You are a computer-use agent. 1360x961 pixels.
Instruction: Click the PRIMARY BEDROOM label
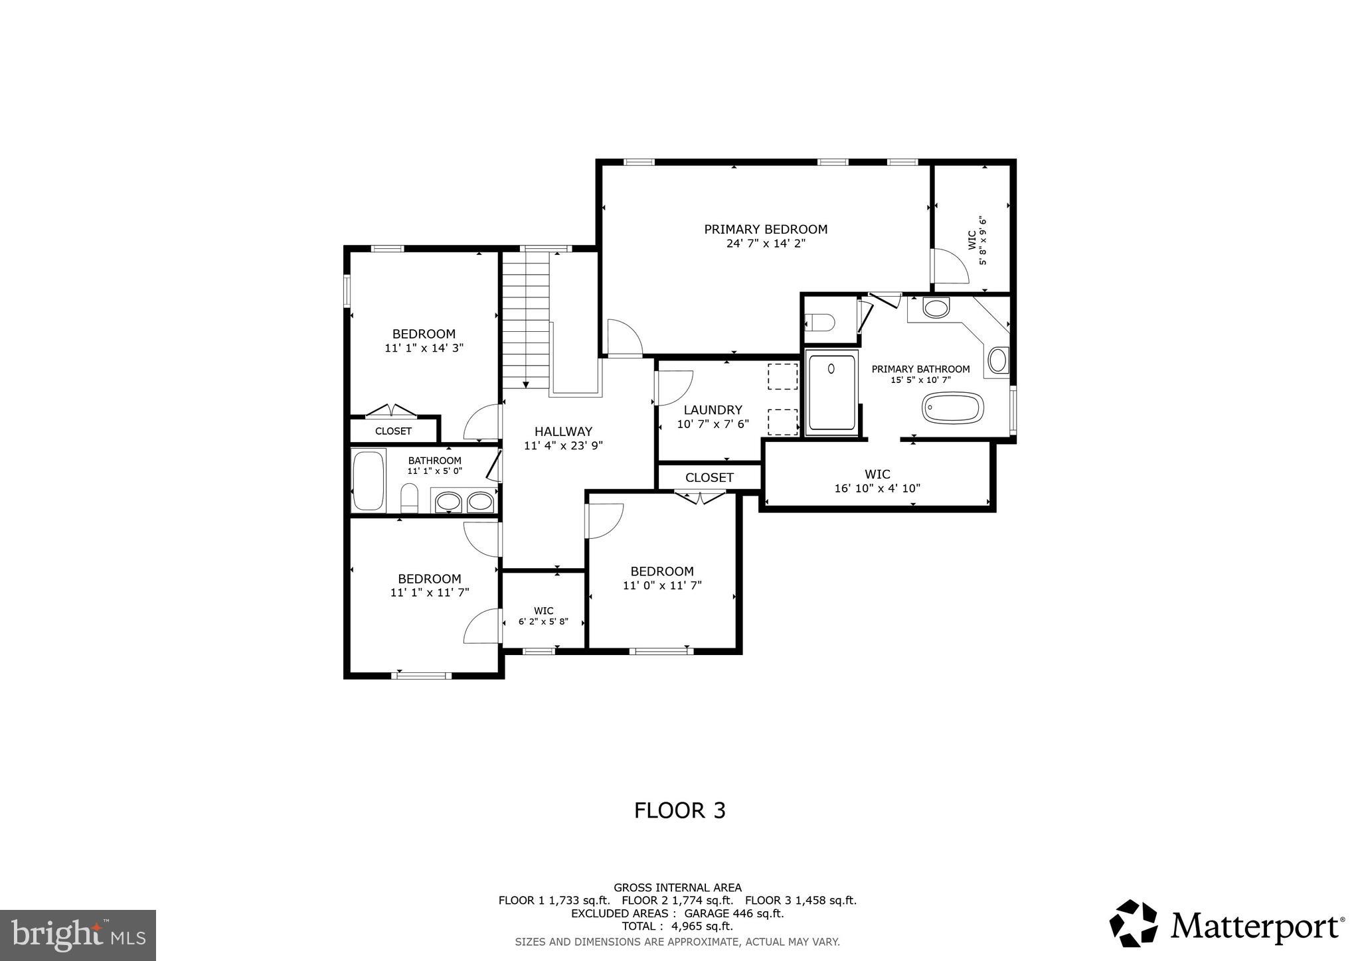(766, 230)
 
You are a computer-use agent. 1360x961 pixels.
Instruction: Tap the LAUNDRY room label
(713, 410)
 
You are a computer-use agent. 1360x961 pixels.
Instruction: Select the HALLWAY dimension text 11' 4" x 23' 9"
(563, 446)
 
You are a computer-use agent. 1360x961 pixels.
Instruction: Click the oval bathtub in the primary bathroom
(952, 407)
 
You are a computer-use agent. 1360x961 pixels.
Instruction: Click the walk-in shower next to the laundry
(832, 393)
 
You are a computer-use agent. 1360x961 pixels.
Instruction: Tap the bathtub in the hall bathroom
(368, 480)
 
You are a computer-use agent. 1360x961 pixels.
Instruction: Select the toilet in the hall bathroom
(409, 497)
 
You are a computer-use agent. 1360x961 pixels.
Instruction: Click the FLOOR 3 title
(679, 810)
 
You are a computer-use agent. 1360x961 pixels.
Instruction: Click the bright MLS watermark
(78, 936)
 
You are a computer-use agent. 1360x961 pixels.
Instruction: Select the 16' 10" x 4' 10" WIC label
(877, 488)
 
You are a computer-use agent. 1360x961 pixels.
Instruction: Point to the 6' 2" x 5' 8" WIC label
(543, 622)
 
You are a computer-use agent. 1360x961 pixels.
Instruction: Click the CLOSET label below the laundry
(709, 477)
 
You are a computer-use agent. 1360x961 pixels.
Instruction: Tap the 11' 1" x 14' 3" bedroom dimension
(424, 348)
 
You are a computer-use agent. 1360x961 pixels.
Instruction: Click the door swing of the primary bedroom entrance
(624, 337)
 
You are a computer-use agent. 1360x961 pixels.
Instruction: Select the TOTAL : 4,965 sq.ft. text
(677, 926)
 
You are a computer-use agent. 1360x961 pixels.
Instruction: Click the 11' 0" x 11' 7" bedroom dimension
(662, 585)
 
